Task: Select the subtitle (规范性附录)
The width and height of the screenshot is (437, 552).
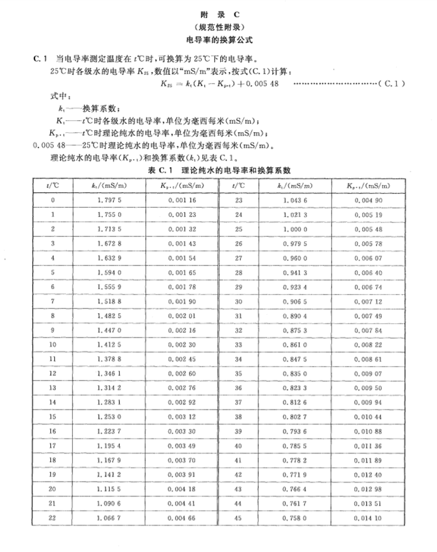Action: click(218, 27)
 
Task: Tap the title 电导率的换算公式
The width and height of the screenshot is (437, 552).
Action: click(218, 39)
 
